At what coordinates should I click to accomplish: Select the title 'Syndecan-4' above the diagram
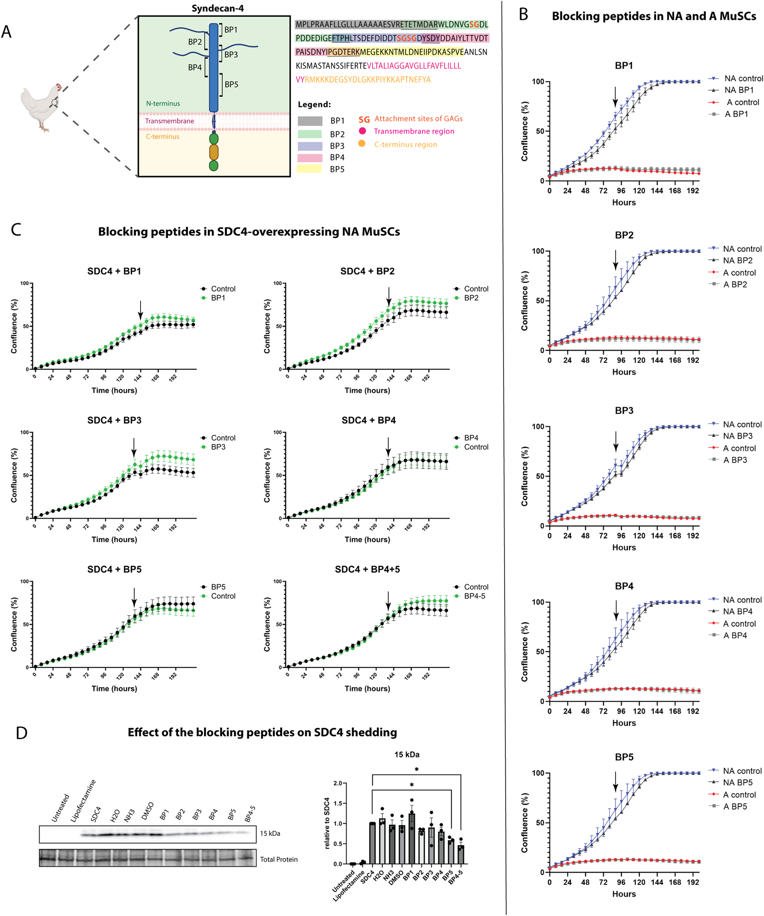coord(217,8)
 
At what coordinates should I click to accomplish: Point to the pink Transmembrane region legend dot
coord(362,131)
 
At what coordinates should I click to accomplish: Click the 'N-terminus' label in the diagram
coord(163,103)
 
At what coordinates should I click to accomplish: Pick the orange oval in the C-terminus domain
coord(213,152)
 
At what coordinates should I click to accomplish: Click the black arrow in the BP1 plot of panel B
coord(615,97)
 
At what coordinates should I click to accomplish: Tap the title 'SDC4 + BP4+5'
coord(367,569)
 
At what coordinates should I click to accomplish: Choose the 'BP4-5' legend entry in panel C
coord(474,596)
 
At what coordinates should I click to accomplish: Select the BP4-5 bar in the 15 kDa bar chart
coord(461,854)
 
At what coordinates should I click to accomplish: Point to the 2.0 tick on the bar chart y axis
coord(338,783)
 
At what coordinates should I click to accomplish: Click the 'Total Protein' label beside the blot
coord(279,859)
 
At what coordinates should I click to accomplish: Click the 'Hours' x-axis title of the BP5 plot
coord(623,894)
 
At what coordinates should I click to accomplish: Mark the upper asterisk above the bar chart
coord(416,770)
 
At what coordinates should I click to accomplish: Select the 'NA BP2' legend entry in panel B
coord(737,260)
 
